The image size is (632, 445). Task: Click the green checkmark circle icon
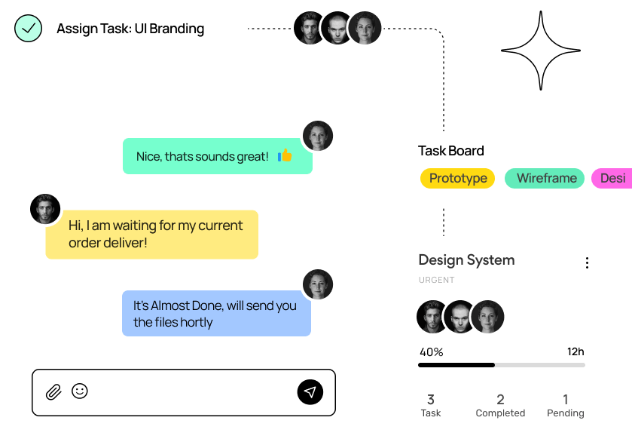tap(29, 29)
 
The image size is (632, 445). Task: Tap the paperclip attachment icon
tap(53, 391)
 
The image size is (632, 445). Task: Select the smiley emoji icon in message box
tap(79, 391)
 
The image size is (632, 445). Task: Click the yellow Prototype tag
tap(457, 178)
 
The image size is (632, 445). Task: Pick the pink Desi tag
tap(612, 178)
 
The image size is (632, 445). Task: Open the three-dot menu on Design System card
tap(587, 262)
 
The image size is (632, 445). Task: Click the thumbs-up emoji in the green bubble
tap(285, 156)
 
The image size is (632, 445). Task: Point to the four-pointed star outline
tap(540, 51)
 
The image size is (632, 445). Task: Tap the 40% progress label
tap(431, 351)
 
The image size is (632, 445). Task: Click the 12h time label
tap(576, 351)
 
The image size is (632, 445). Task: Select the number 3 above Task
tap(431, 399)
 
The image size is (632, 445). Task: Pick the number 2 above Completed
tap(500, 399)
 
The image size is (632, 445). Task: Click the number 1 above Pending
tap(566, 399)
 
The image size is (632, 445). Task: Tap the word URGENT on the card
tap(437, 280)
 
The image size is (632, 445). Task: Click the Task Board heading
tap(451, 151)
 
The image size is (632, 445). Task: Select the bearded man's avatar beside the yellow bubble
tap(45, 209)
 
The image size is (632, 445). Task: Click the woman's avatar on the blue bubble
tap(318, 284)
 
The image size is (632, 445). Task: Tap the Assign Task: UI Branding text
tap(130, 29)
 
